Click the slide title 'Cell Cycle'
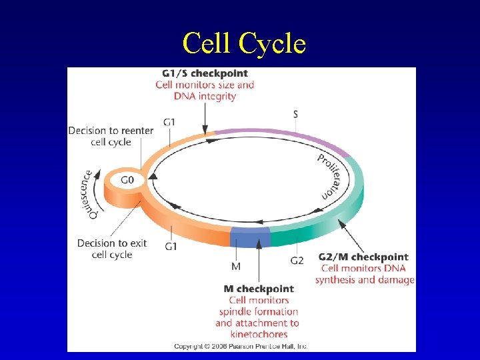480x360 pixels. (x=244, y=44)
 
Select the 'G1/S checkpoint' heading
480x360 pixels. (x=205, y=73)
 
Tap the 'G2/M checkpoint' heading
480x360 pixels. (x=363, y=257)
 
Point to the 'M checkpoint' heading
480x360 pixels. (x=259, y=289)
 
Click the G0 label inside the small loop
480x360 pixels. (x=127, y=179)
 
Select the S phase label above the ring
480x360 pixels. (x=295, y=114)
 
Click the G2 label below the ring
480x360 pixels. (x=297, y=260)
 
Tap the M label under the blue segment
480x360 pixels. (x=236, y=267)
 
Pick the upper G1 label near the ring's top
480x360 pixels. (x=170, y=122)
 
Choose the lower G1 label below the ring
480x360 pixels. (x=171, y=247)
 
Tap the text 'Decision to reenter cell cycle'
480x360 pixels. (x=111, y=136)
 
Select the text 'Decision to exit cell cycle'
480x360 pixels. (x=112, y=249)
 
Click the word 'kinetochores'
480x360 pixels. (x=259, y=334)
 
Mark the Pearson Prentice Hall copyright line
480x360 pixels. (x=241, y=346)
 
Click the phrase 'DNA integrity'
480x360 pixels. (x=205, y=96)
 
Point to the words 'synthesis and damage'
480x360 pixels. (x=365, y=280)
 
